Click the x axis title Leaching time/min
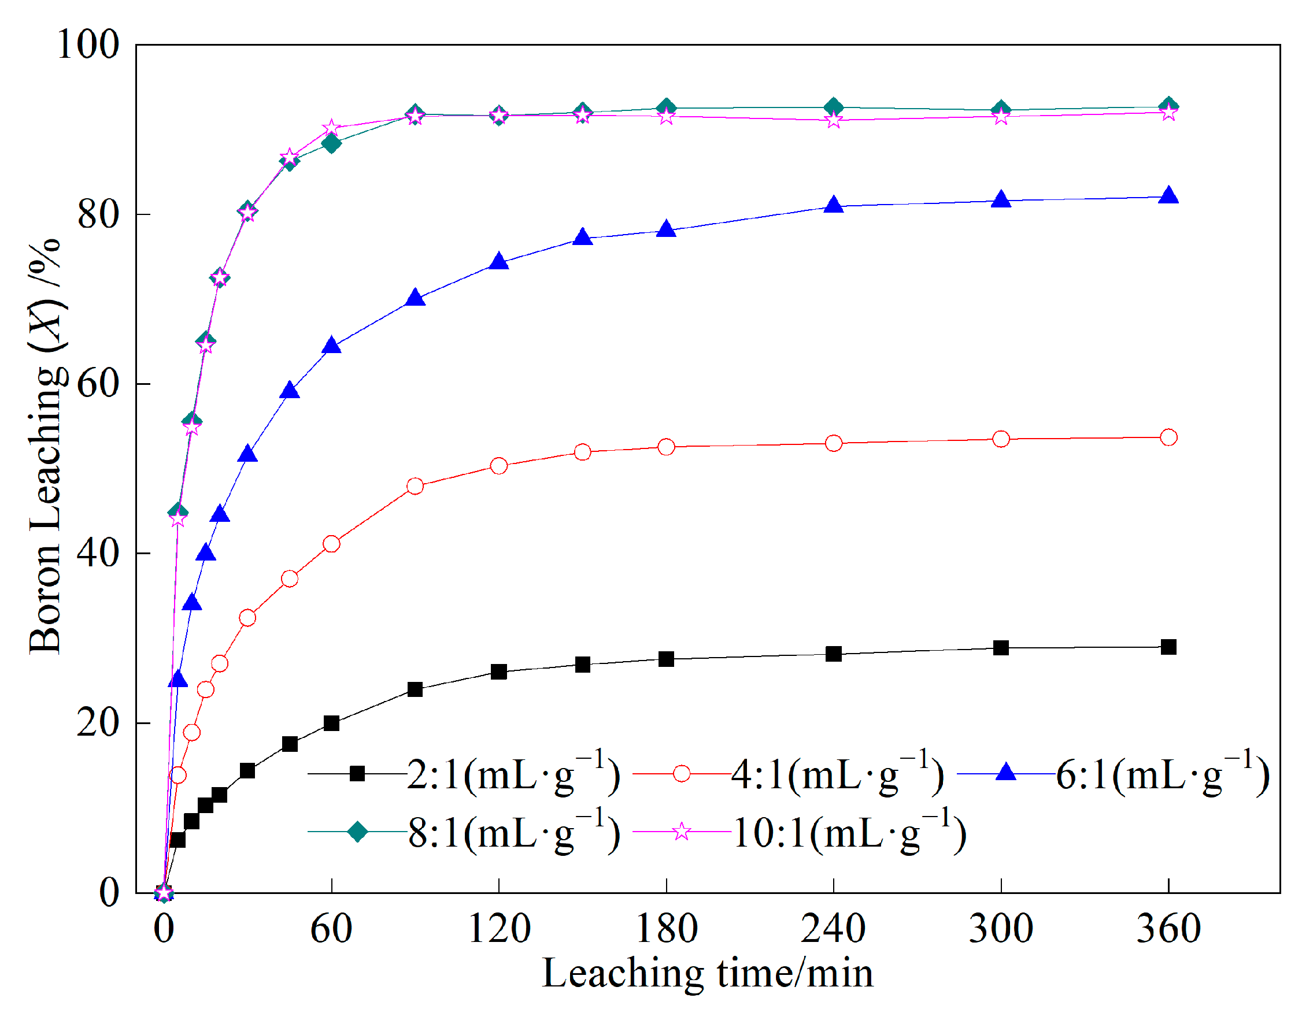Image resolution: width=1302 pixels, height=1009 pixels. point(707,974)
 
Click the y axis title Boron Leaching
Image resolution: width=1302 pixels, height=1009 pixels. point(46,447)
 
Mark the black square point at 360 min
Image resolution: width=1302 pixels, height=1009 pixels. point(1168,647)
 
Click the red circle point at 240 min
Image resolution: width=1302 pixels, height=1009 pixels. point(834,443)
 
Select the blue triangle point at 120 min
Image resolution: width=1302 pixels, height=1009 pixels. point(498,262)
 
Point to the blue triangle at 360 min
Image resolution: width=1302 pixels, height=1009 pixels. point(1168,195)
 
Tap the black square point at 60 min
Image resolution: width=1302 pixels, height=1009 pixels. point(331,724)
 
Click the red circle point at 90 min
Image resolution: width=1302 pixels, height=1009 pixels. point(415,487)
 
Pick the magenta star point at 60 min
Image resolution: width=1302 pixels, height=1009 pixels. point(331,129)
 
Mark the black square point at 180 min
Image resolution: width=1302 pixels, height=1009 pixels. point(666,659)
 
